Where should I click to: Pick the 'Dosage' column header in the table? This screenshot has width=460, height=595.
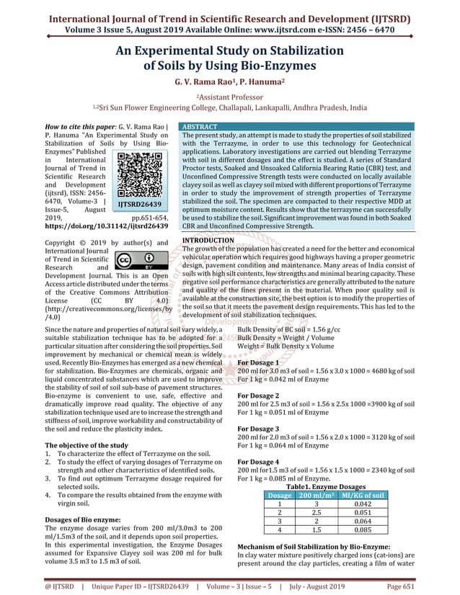280,495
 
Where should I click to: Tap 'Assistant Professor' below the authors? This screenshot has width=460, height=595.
229,95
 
